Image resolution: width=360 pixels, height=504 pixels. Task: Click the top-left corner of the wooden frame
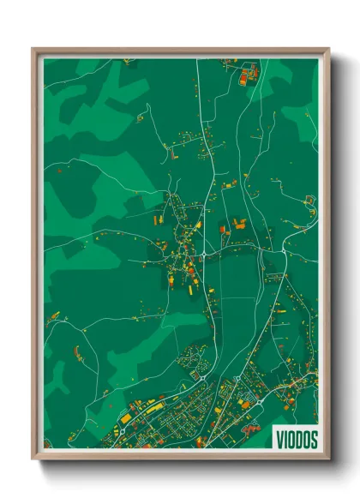pyautogui.click(x=33, y=49)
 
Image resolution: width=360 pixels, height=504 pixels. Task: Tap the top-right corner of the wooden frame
pyautogui.click(x=328, y=49)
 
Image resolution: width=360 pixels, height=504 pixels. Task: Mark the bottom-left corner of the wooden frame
pyautogui.click(x=33, y=459)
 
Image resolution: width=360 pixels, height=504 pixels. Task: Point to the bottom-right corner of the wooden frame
pyautogui.click(x=328, y=459)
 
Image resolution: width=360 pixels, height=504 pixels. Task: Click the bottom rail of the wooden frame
pyautogui.click(x=181, y=457)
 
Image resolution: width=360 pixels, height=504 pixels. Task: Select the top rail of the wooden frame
pyautogui.click(x=181, y=51)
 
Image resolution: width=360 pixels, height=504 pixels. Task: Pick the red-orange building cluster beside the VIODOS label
pyautogui.click(x=252, y=426)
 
